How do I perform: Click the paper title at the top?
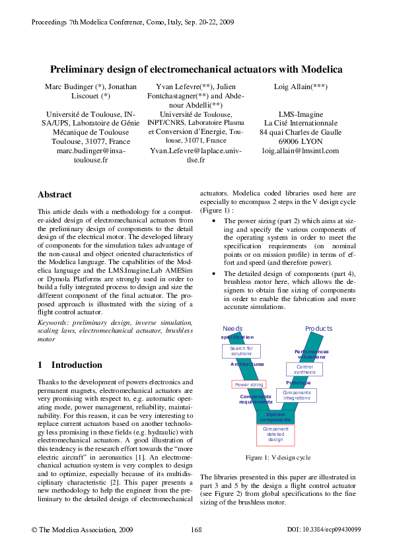click(196, 69)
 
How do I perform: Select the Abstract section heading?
click(55, 195)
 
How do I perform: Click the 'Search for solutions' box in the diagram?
click(241, 351)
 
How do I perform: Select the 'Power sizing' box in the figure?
click(249, 384)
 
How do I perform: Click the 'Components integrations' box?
click(297, 395)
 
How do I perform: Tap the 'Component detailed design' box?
click(275, 434)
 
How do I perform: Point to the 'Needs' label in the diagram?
click(232, 328)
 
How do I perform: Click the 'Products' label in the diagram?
click(318, 328)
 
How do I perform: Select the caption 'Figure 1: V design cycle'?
click(277, 457)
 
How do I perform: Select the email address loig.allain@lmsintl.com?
click(300, 151)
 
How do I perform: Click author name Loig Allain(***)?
click(300, 87)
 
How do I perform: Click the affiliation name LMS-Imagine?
click(300, 114)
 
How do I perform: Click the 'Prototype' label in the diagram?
click(298, 383)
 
